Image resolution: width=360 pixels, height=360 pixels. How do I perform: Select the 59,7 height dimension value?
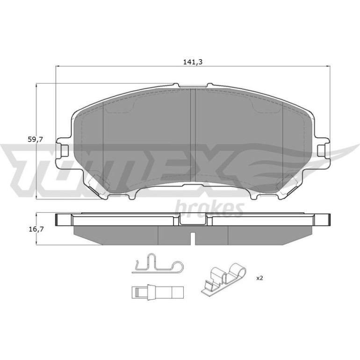[x=36, y=139]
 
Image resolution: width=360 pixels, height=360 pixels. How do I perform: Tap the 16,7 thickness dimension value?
[x=36, y=229]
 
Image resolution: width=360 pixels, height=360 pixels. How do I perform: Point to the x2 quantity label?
[x=259, y=278]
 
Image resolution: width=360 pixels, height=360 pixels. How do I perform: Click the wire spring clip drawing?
[x=158, y=266]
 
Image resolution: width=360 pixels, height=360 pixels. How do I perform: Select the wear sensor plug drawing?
[x=158, y=293]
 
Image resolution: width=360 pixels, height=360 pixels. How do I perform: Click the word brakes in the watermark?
[x=209, y=208]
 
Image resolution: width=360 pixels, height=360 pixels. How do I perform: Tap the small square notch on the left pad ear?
[x=65, y=151]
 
